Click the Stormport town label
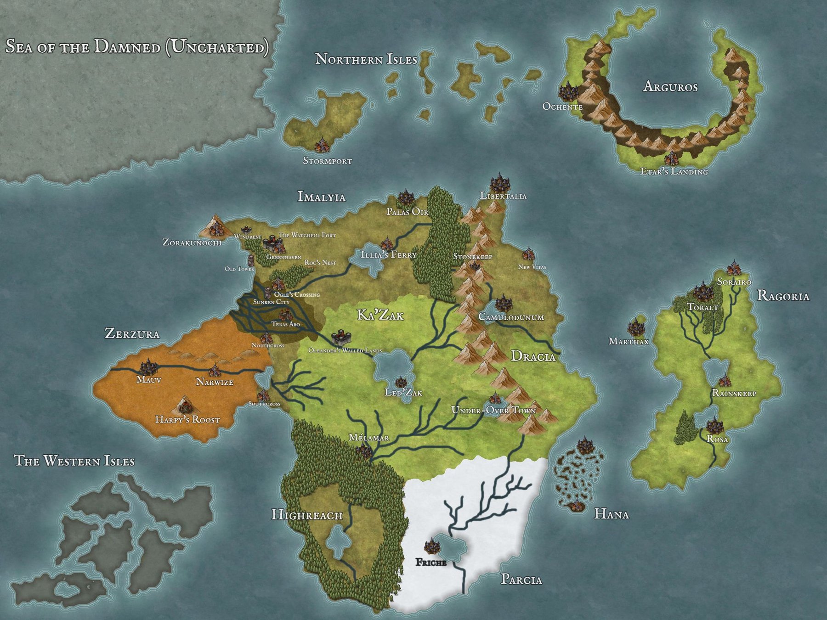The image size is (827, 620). [327, 161]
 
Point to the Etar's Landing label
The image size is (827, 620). [674, 172]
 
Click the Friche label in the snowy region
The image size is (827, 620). [430, 562]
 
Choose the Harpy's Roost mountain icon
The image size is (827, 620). [185, 404]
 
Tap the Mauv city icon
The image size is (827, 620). [148, 367]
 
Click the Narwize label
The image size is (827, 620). [215, 382]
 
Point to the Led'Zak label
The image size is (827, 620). [403, 393]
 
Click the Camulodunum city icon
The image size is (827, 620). [503, 303]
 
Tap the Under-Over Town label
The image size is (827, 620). [493, 410]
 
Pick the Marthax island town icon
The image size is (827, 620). [635, 328]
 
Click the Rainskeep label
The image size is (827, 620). [734, 393]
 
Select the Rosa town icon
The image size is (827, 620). [715, 426]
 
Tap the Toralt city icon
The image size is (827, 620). [702, 292]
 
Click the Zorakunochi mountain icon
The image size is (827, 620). [214, 226]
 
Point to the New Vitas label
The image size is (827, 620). [532, 267]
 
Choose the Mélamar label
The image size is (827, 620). [369, 438]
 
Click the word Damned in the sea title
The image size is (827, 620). [127, 47]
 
